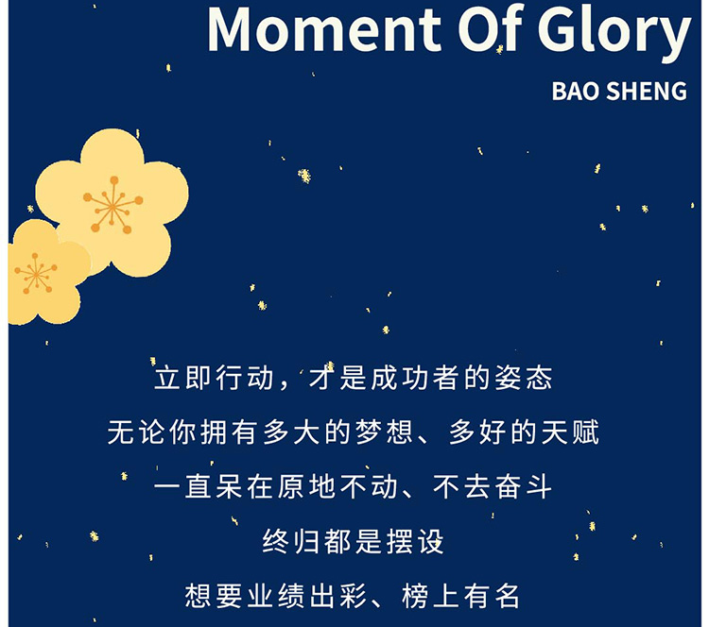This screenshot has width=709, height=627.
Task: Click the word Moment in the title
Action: click(324, 30)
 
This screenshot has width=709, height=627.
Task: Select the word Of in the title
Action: click(491, 28)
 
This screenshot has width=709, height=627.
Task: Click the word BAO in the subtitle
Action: click(575, 91)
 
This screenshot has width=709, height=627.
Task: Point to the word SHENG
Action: click(647, 91)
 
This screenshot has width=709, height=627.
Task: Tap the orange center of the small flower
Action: click(35, 273)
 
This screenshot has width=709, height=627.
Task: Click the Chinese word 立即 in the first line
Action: click(184, 378)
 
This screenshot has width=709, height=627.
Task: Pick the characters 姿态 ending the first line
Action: click(524, 378)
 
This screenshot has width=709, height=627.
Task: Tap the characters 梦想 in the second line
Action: click(384, 432)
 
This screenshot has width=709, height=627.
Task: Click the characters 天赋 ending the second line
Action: click(570, 432)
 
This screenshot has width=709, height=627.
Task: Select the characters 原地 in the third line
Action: click(306, 486)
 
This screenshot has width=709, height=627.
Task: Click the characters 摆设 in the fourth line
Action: click(415, 541)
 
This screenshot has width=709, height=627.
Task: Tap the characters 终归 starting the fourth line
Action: click(291, 541)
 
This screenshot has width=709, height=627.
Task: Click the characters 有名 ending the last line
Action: click(493, 596)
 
